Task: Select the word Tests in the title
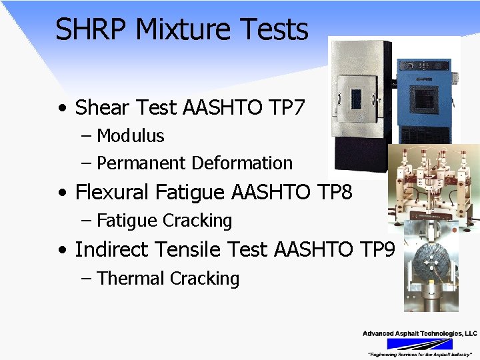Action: point(280,29)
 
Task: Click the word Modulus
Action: point(131,136)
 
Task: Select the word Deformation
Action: point(243,163)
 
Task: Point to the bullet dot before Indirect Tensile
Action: point(62,251)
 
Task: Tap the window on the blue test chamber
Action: point(425,99)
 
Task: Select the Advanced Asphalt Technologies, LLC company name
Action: point(419,333)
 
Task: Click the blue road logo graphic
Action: point(419,344)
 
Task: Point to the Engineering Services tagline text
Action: point(419,354)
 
